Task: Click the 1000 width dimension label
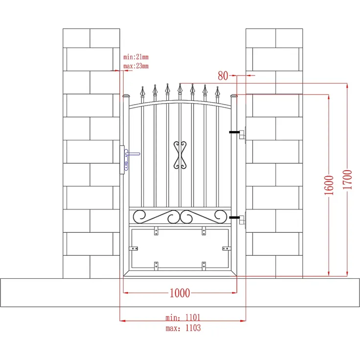point(180,293)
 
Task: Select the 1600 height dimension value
point(329,185)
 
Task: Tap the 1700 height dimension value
point(347,180)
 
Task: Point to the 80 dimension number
point(223,75)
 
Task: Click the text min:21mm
point(135,57)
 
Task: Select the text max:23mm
point(135,66)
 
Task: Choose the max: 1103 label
point(183,328)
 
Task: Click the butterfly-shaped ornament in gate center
point(180,155)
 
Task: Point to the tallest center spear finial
point(180,89)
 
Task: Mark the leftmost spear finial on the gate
point(143,92)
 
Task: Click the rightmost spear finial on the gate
point(217,92)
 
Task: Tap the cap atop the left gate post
point(126,96)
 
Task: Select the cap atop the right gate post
point(234,96)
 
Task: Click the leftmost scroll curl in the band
point(140,215)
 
